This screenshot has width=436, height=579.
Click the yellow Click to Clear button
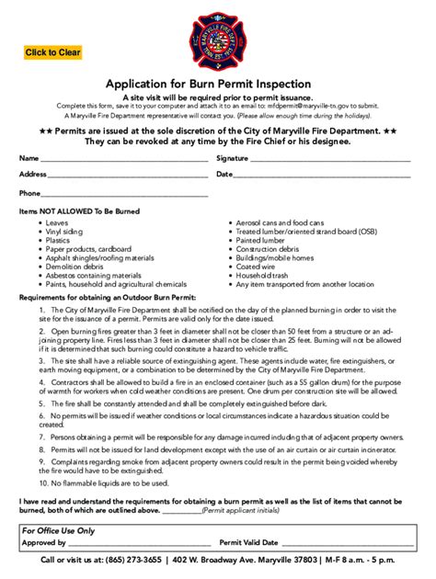tap(53, 52)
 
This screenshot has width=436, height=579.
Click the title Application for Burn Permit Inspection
tap(218, 84)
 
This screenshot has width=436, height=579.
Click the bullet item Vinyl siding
tap(64, 232)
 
